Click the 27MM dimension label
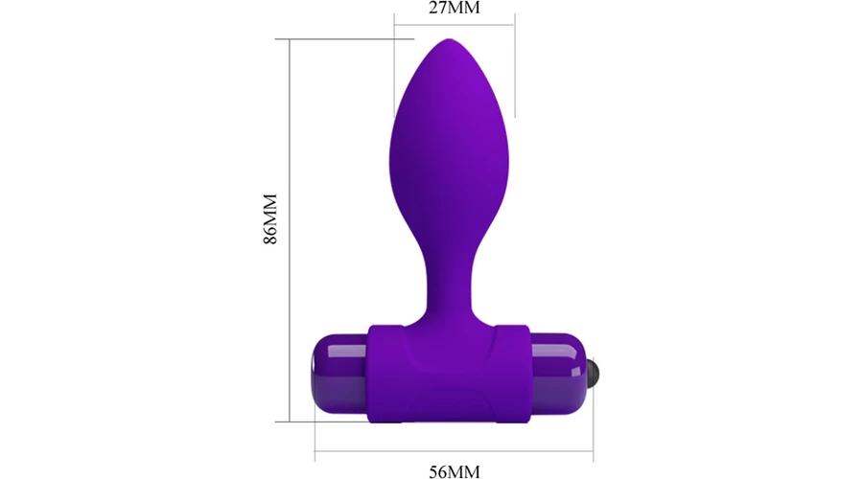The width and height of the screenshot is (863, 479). coord(455,8)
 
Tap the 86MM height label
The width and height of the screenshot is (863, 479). coord(270,218)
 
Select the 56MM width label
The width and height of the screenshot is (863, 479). coord(455,471)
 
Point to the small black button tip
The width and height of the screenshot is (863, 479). coord(594,374)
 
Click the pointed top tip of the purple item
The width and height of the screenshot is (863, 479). coord(449,39)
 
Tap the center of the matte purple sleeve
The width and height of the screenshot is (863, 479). coord(449,374)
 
